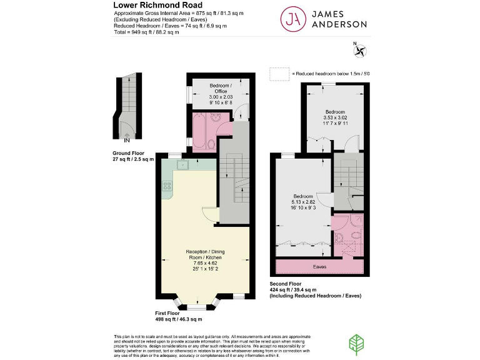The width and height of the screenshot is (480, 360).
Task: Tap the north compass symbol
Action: (x=359, y=48)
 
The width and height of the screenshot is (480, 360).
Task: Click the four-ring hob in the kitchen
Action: (x=167, y=186)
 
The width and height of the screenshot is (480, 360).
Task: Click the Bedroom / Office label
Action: (x=220, y=88)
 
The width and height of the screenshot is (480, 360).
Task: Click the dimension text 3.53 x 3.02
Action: (x=335, y=117)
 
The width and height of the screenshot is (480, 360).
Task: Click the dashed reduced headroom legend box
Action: (x=279, y=74)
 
